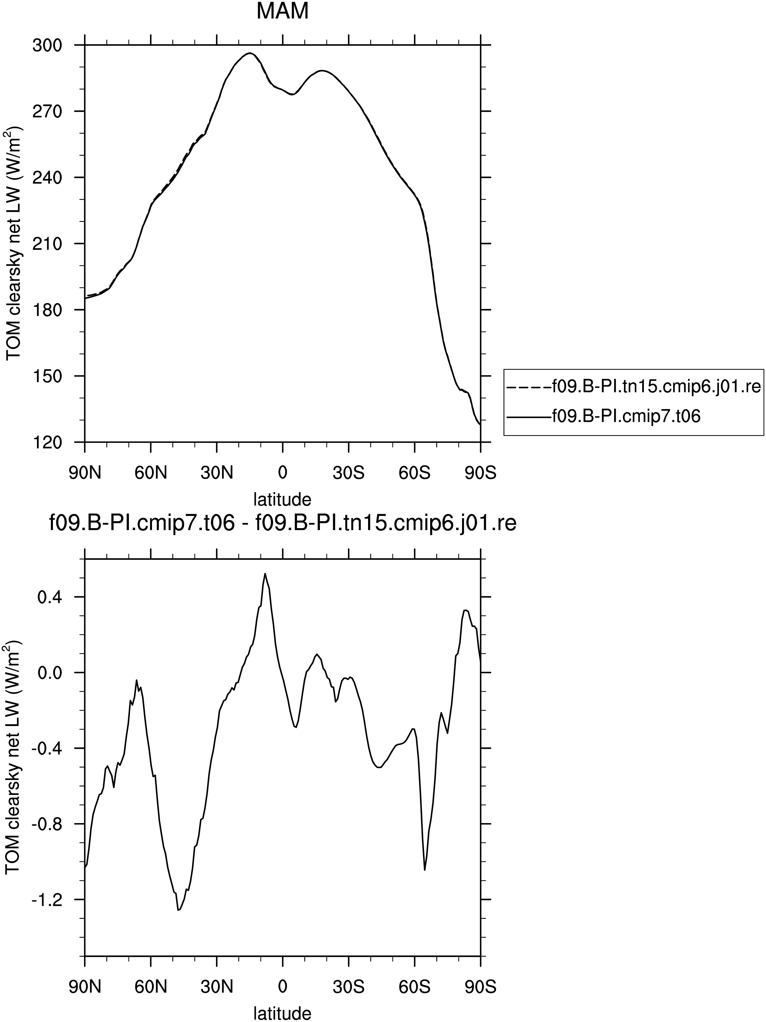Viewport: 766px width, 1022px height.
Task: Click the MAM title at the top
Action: click(x=282, y=11)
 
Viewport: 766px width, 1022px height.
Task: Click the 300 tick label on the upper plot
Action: click(x=47, y=45)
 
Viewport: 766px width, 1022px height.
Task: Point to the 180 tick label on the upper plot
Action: click(x=47, y=310)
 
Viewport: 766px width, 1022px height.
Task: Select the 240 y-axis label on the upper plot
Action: click(x=47, y=178)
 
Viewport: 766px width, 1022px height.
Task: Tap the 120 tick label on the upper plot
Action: click(x=47, y=442)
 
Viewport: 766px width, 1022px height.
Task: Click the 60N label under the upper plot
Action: click(x=151, y=473)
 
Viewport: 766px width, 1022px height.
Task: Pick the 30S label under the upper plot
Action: click(x=349, y=473)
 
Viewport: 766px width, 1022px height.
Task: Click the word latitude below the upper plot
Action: click(x=282, y=499)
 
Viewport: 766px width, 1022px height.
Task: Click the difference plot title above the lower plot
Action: click(x=282, y=524)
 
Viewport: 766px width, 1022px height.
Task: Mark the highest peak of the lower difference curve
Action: click(x=265, y=573)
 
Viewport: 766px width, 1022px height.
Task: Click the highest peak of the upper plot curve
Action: click(x=250, y=53)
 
